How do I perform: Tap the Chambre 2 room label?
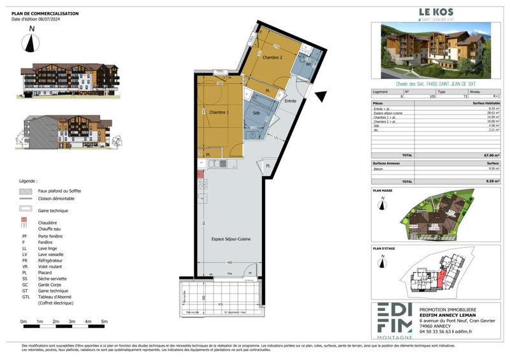(x=272, y=57)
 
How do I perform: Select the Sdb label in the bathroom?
(x=256, y=113)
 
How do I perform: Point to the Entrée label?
(x=291, y=101)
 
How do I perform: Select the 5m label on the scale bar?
(x=104, y=322)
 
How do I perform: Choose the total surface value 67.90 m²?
(x=491, y=155)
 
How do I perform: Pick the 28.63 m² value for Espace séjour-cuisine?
(x=493, y=112)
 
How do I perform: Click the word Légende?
(x=28, y=181)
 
